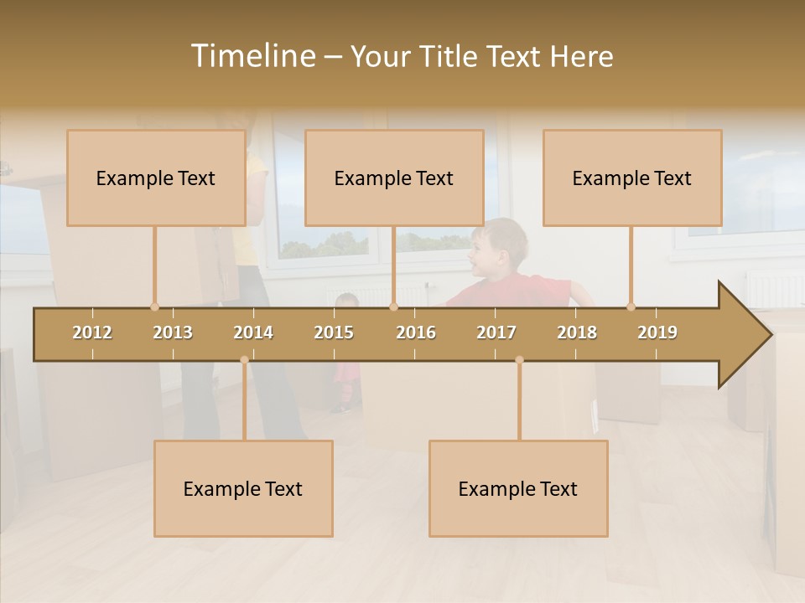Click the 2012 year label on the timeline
click(x=92, y=332)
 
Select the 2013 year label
click(x=173, y=332)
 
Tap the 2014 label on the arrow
click(x=253, y=332)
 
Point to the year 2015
click(x=334, y=332)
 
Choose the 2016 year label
click(x=416, y=332)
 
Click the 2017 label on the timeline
click(x=496, y=332)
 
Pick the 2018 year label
click(x=577, y=332)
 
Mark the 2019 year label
click(x=657, y=332)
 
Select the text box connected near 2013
click(x=156, y=178)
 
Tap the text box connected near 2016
click(x=394, y=178)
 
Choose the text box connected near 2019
click(x=632, y=178)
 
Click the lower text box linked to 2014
click(x=243, y=488)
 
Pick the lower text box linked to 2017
click(x=518, y=488)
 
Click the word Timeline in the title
click(x=251, y=56)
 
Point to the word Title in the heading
click(x=451, y=56)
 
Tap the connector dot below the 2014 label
click(x=244, y=360)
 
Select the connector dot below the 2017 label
click(x=519, y=360)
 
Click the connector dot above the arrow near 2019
click(x=631, y=307)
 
